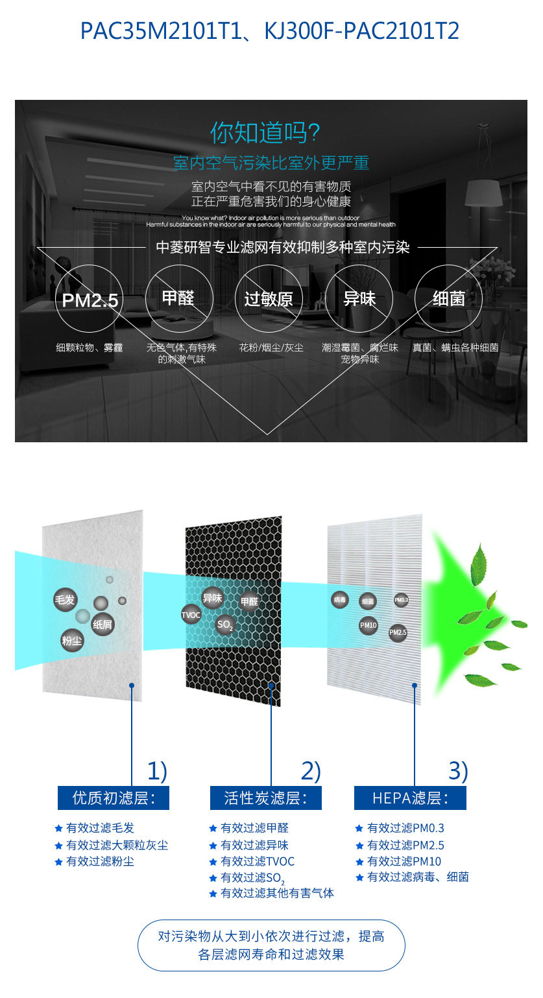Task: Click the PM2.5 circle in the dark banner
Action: pyautogui.click(x=89, y=300)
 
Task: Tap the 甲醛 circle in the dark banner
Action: pyautogui.click(x=178, y=298)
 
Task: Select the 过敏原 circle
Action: pyautogui.click(x=268, y=299)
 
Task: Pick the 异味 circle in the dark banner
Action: pyautogui.click(x=359, y=299)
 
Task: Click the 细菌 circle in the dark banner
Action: pyautogui.click(x=448, y=299)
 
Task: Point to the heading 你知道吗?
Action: pyautogui.click(x=265, y=133)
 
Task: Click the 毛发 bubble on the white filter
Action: pyautogui.click(x=65, y=600)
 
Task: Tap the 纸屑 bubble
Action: pyautogui.click(x=103, y=624)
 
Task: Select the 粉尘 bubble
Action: pyautogui.click(x=72, y=641)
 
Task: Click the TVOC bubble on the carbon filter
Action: pyautogui.click(x=191, y=615)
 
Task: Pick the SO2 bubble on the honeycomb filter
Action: pyautogui.click(x=225, y=625)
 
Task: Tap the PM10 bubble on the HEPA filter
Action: pyautogui.click(x=368, y=625)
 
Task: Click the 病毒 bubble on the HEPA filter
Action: pyautogui.click(x=340, y=600)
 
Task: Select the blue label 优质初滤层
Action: pyautogui.click(x=114, y=798)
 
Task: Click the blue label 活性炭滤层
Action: pyautogui.click(x=265, y=798)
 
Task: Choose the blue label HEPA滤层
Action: pyautogui.click(x=410, y=798)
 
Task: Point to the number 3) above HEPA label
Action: pyautogui.click(x=457, y=771)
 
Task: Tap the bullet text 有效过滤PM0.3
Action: pyautogui.click(x=405, y=828)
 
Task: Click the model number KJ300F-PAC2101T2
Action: pyautogui.click(x=361, y=30)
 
